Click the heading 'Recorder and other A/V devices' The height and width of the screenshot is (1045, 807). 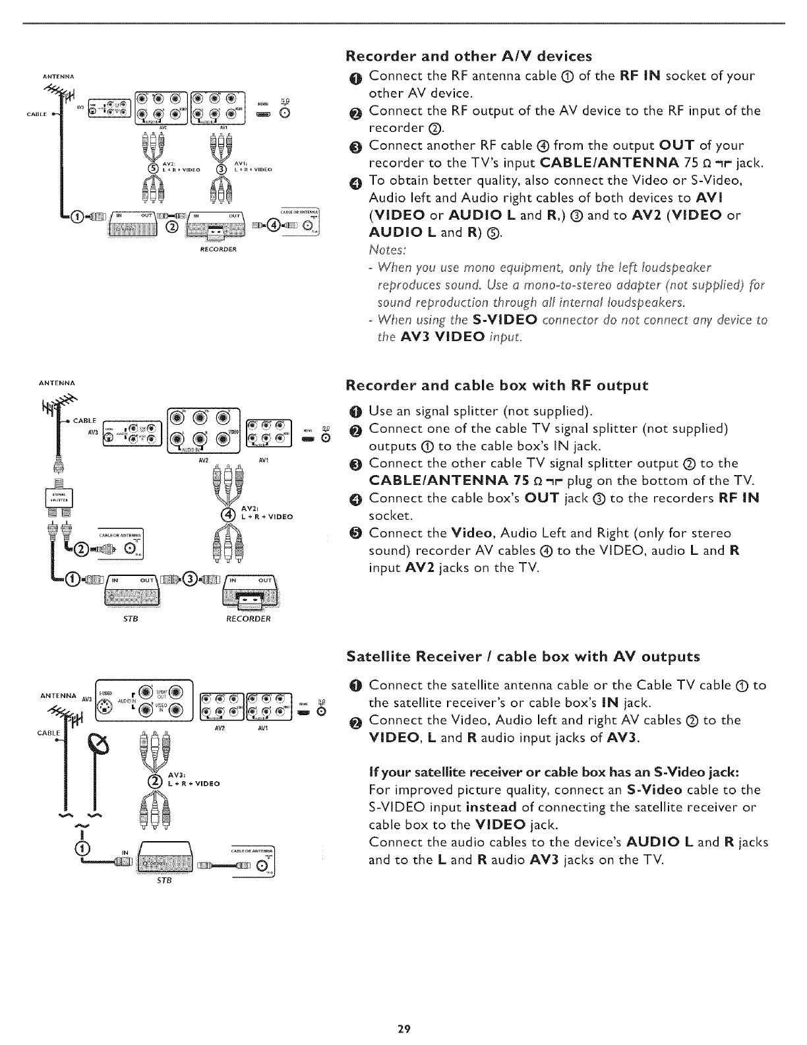tap(469, 55)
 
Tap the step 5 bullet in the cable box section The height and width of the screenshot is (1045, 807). tap(353, 533)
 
